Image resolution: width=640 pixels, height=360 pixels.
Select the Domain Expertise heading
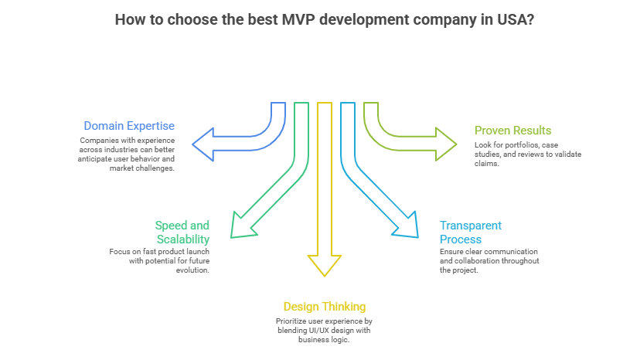(129, 125)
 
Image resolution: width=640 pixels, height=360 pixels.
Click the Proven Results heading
(512, 130)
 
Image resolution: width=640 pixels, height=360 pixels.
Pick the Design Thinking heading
(324, 306)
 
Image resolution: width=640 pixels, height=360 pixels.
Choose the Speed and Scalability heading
(182, 232)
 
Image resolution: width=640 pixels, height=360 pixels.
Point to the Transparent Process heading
(471, 232)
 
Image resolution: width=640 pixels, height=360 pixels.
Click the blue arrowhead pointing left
(203, 144)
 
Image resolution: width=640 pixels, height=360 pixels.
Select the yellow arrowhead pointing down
(324, 264)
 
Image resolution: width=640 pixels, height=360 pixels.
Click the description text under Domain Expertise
(128, 154)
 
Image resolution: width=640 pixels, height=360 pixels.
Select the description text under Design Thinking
(324, 330)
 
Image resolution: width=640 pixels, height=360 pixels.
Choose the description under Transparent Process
(489, 261)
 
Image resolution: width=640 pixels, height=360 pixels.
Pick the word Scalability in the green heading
(182, 239)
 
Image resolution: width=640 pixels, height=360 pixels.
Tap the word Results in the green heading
(533, 130)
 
